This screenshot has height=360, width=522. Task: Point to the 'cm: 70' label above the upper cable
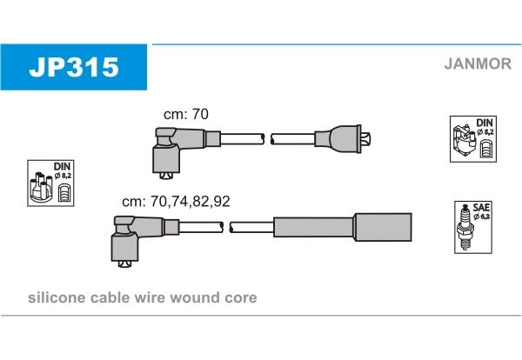(x=186, y=114)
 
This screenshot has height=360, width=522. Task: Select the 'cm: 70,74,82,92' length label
(x=177, y=201)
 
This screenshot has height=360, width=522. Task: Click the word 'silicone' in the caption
(x=57, y=297)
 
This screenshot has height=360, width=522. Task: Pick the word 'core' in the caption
(x=240, y=297)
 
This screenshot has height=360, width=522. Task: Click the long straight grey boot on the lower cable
(x=342, y=227)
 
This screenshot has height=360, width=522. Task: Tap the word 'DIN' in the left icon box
(x=62, y=166)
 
